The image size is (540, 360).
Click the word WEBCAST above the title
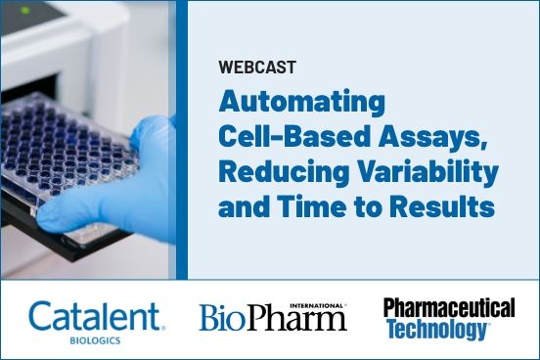coord(257,68)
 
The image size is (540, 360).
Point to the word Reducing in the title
coord(274,171)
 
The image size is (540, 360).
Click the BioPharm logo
coord(272,319)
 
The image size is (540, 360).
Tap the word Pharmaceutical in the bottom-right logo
coord(449,309)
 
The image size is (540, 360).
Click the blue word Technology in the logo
coord(434,331)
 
